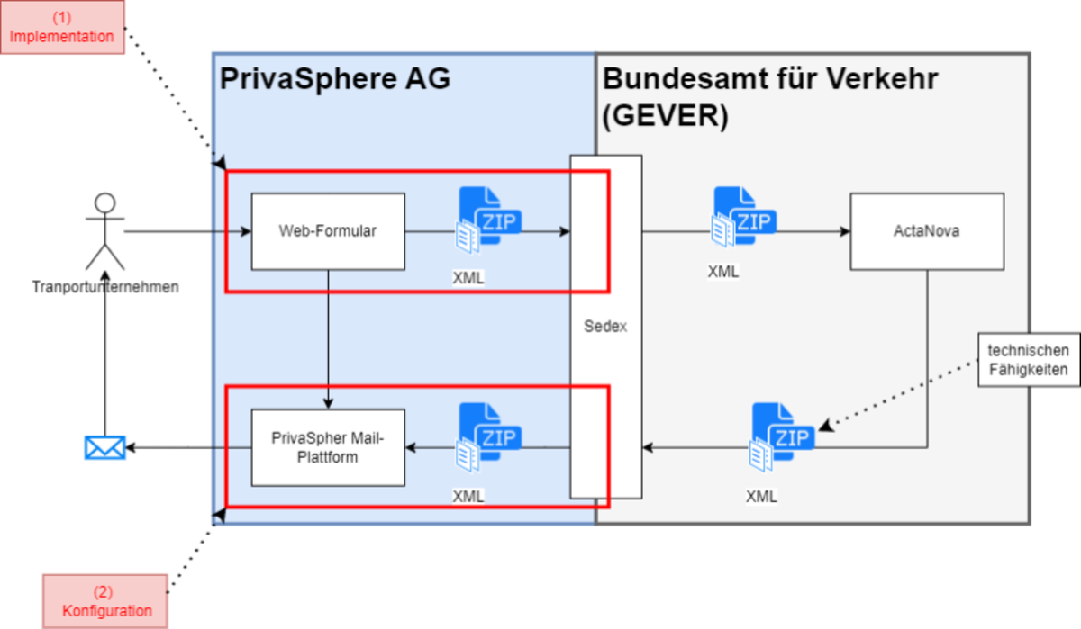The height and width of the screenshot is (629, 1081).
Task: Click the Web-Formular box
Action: [328, 231]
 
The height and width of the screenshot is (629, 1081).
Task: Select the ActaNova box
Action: [927, 231]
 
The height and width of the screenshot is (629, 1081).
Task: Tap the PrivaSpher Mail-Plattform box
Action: [328, 446]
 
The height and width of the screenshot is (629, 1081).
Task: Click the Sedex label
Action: [605, 327]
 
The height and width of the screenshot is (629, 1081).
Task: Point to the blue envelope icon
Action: [104, 446]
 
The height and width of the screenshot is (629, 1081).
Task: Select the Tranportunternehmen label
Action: [104, 287]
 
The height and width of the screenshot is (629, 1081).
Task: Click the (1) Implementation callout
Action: [62, 27]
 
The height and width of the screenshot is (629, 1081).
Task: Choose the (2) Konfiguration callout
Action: [106, 601]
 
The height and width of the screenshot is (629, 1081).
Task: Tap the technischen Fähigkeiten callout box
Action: [1028, 359]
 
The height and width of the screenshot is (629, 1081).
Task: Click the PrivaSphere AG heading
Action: [334, 79]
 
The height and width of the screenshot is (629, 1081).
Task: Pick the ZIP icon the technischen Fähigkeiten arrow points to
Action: [781, 436]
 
